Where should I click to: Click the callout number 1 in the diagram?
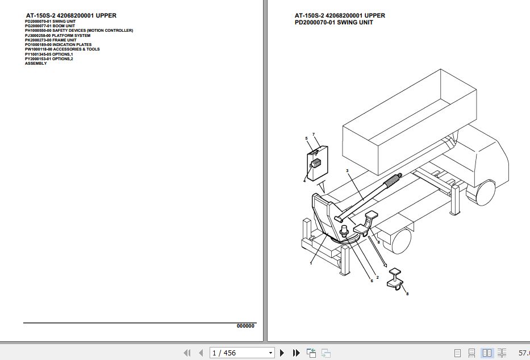(x=311, y=263)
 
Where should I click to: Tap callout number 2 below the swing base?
(x=377, y=277)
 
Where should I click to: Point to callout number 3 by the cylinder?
(x=347, y=170)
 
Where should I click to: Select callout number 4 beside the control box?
(x=304, y=181)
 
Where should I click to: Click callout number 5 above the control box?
(x=306, y=139)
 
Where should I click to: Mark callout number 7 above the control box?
(x=313, y=134)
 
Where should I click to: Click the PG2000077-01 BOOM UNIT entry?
(x=49, y=26)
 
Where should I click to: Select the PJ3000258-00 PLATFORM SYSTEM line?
(x=57, y=35)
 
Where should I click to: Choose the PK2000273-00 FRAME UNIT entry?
(x=50, y=40)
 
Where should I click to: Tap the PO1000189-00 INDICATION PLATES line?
(x=58, y=44)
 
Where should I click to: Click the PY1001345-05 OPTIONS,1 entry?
(x=49, y=54)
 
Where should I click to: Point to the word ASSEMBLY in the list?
(x=36, y=64)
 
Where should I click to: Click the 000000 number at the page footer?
(x=245, y=326)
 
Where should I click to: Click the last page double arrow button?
(x=296, y=353)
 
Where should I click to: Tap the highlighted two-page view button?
(x=487, y=353)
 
